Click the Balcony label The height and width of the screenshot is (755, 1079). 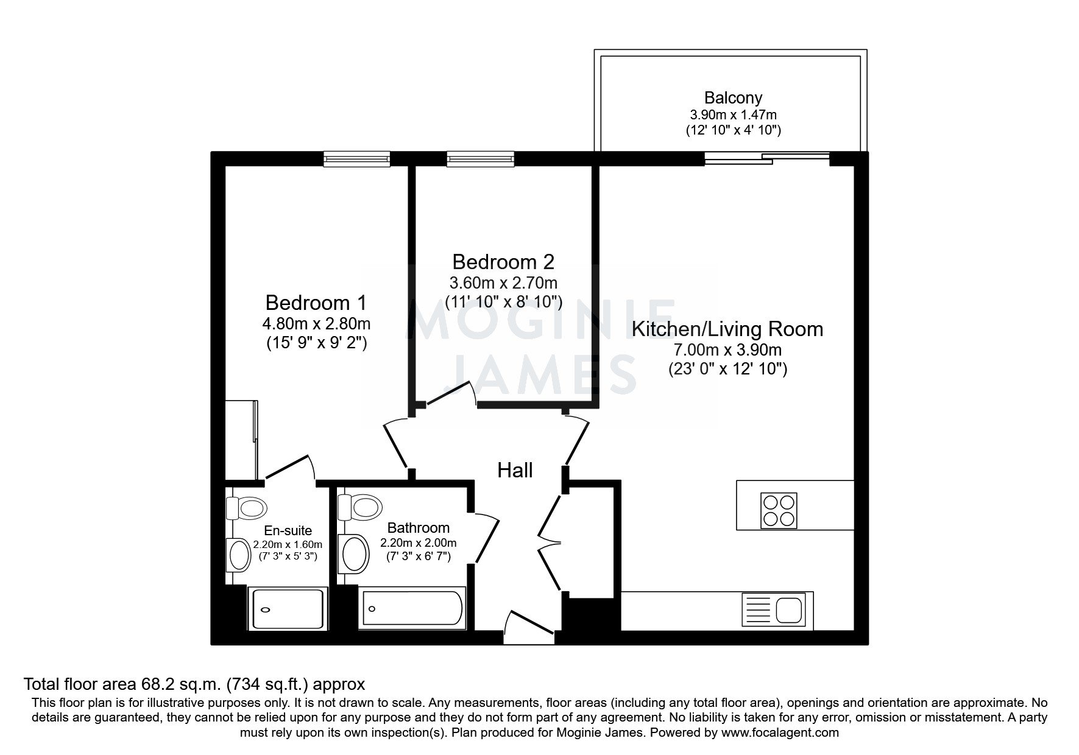tap(733, 97)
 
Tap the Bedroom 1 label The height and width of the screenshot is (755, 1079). tap(316, 303)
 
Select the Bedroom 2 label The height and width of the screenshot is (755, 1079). tap(503, 262)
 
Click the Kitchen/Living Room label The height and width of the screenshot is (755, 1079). tap(727, 329)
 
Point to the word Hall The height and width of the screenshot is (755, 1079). tap(515, 470)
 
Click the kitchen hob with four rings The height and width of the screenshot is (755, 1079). tap(779, 510)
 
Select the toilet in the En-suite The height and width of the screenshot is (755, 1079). tap(247, 507)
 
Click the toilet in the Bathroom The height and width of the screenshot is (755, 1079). tap(360, 506)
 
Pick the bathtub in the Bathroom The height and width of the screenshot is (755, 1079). tap(412, 608)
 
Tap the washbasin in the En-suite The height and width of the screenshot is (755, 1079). tap(237, 555)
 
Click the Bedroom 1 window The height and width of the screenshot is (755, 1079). tap(357, 159)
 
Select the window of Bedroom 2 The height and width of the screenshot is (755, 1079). tap(481, 159)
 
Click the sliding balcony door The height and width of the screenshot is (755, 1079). tap(767, 159)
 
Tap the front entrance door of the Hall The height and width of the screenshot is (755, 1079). tap(529, 627)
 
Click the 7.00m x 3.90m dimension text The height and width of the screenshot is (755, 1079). tap(727, 350)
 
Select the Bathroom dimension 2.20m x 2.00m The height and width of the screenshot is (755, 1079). tap(419, 543)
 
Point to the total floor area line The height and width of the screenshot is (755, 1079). tap(194, 684)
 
